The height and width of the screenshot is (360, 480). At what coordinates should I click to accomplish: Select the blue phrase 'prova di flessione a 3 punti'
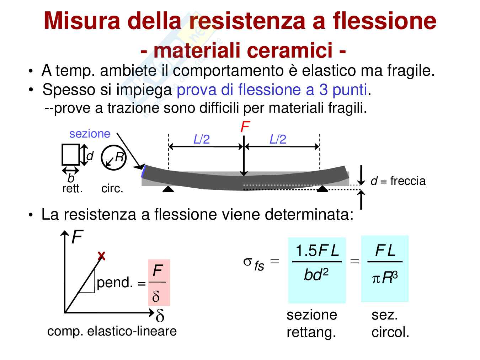272,90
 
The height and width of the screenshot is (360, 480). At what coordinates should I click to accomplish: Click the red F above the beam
245,127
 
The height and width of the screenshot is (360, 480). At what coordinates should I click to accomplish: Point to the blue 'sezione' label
90,134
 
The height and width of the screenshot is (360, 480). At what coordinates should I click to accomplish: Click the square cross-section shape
70,155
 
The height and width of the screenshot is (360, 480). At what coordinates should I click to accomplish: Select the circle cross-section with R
113,157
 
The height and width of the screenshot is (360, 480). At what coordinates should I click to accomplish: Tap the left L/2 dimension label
202,139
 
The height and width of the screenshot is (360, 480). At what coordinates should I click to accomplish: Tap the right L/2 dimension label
278,139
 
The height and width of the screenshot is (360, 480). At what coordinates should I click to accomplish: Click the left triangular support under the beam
168,189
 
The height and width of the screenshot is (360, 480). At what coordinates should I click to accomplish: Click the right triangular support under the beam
322,188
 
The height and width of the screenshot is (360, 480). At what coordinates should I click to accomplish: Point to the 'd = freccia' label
398,181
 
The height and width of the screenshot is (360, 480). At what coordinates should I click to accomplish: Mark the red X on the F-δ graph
102,256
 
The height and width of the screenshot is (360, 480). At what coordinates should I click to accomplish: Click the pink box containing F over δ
159,283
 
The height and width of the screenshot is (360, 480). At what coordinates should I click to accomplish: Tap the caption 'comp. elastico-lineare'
112,331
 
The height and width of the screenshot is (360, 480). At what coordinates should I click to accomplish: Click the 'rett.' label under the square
72,188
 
